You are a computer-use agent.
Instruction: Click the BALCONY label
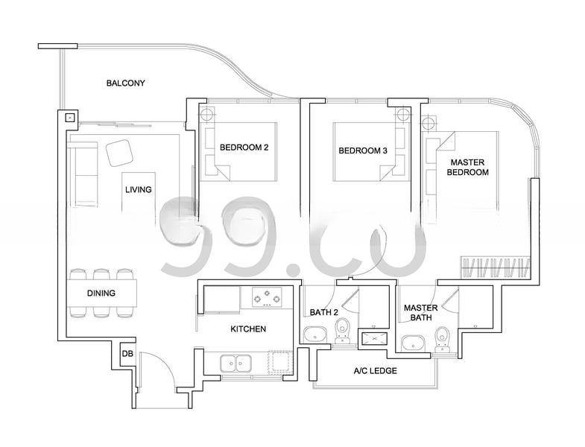(x=125, y=83)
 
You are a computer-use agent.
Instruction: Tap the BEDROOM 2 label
(x=244, y=148)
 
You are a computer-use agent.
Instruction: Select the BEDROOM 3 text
(x=363, y=150)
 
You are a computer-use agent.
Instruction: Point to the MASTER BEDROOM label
(x=468, y=167)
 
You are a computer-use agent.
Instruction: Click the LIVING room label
(x=139, y=189)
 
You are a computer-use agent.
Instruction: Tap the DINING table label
(x=101, y=294)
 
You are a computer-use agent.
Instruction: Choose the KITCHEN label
(x=248, y=329)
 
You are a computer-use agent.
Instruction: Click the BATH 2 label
(x=324, y=312)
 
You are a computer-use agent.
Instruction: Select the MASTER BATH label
(x=421, y=313)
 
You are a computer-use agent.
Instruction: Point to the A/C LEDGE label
(x=376, y=371)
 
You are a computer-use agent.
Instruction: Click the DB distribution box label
(x=127, y=354)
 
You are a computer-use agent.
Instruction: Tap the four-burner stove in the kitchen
(x=267, y=297)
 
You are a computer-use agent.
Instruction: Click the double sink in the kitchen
(x=235, y=364)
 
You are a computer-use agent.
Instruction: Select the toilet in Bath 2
(x=342, y=331)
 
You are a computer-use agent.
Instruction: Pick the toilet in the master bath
(x=443, y=339)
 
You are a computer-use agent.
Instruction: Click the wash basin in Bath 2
(x=315, y=335)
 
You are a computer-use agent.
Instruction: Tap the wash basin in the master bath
(x=413, y=343)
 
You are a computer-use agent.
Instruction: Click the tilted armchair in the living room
(x=120, y=153)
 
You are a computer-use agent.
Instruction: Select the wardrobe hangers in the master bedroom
(x=496, y=267)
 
